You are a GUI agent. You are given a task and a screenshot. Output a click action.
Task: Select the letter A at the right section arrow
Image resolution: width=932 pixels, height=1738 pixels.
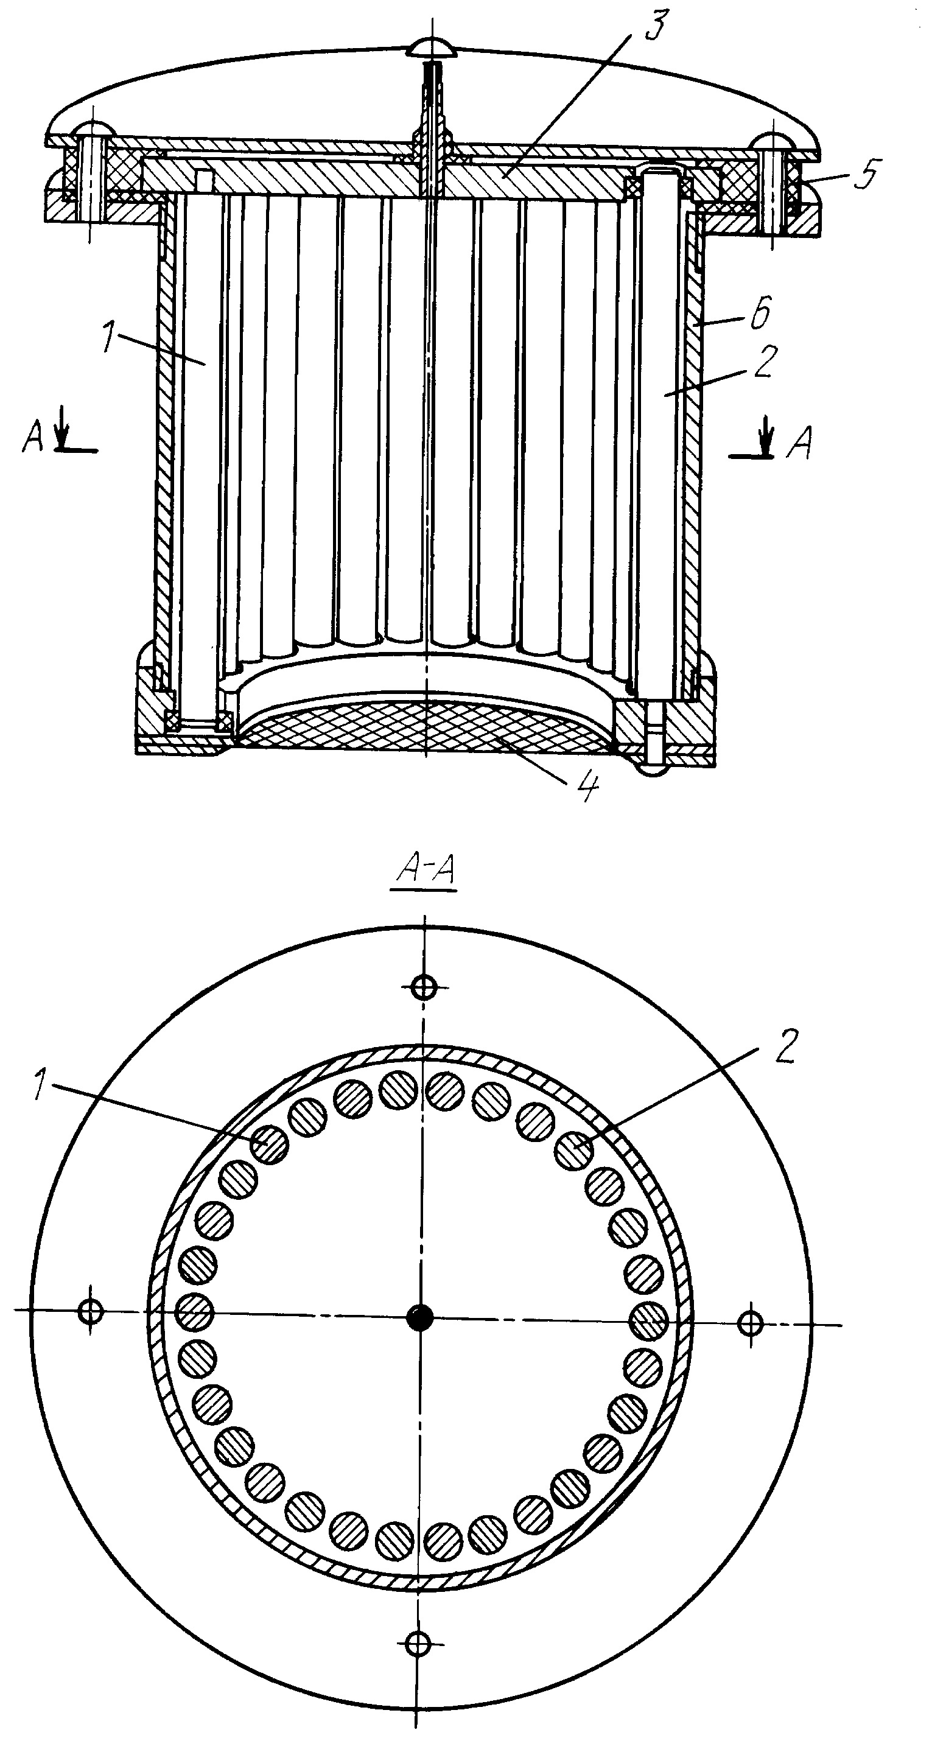(x=799, y=443)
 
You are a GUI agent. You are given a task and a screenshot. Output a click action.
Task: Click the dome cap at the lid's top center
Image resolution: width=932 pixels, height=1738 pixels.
(x=433, y=48)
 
